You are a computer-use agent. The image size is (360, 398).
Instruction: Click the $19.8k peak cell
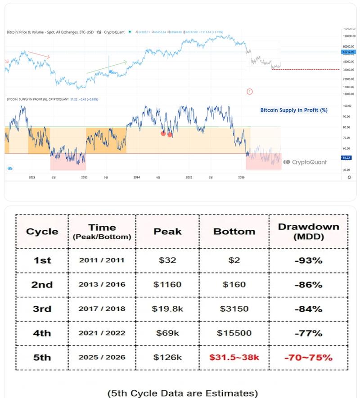pyautogui.click(x=167, y=309)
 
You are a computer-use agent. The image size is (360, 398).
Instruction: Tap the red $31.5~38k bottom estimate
pyautogui.click(x=234, y=358)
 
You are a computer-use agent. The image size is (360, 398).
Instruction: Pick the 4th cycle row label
pyautogui.click(x=42, y=333)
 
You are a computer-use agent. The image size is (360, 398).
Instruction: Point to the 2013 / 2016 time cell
pyautogui.click(x=102, y=285)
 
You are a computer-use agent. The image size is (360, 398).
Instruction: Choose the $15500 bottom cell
pyautogui.click(x=234, y=333)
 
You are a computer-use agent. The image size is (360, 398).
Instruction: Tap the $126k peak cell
pyautogui.click(x=167, y=358)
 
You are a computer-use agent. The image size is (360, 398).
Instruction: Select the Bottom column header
pyautogui.click(x=234, y=231)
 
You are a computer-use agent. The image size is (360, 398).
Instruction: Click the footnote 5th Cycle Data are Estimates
pyautogui.click(x=183, y=393)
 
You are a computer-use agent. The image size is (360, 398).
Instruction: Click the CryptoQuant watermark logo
pyautogui.click(x=305, y=162)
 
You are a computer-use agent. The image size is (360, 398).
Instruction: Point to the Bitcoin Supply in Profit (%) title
pyautogui.click(x=294, y=110)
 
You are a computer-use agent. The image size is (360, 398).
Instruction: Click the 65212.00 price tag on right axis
pyautogui.click(x=346, y=52)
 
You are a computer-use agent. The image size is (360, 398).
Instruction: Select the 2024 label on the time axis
pyautogui.click(x=136, y=178)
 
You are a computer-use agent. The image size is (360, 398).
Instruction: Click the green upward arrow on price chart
pyautogui.click(x=107, y=67)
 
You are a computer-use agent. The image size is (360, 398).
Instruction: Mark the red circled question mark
pyautogui.click(x=250, y=92)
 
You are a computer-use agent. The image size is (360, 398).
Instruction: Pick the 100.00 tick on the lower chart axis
pyautogui.click(x=346, y=106)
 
